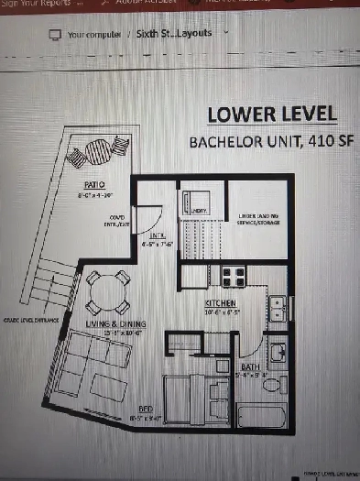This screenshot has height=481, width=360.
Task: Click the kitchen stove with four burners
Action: [x=229, y=275]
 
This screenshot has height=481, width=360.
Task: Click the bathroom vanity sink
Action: [x=278, y=353]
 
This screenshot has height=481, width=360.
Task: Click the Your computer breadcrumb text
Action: [x=94, y=34]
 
